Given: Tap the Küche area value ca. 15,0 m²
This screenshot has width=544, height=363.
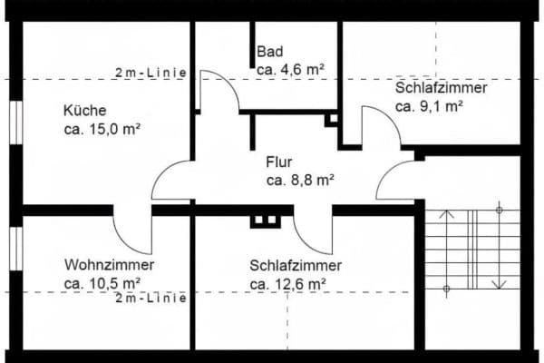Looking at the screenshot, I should pos(105,129).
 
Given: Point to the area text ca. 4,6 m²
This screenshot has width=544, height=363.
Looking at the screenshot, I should pos(290,69).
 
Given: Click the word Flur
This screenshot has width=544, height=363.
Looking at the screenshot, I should pos(279,162).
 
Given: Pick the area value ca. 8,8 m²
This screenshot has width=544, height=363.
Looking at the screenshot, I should pos(301,181).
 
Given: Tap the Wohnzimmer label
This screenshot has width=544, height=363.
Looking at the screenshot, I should pos(109,265).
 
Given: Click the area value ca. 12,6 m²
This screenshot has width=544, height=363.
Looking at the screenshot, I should pos(288,284).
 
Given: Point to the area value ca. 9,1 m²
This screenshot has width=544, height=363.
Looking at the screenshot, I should pos(430,106).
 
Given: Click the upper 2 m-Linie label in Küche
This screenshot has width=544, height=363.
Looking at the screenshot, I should pos(151,73).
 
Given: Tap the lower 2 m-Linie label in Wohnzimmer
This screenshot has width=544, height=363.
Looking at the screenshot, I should pos(151,297).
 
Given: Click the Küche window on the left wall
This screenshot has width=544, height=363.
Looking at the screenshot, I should pos(15,122).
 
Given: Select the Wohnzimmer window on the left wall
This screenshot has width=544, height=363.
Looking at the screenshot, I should pos(15,249).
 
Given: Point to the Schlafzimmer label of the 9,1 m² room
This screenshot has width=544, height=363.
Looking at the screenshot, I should pos(442,88).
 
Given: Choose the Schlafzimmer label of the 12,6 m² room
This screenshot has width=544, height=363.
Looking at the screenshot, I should pos(296,266).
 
